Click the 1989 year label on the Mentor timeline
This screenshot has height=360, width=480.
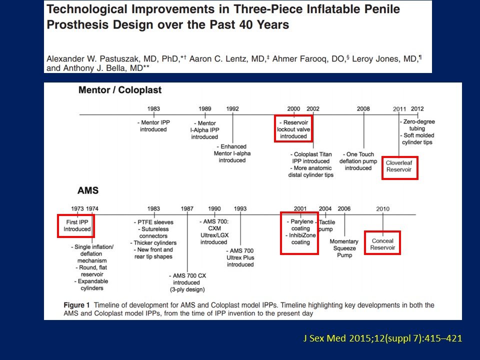205,108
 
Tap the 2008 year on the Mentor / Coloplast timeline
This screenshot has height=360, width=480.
363,108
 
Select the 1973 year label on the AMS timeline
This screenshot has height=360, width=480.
77,209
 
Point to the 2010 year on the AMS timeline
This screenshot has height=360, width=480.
382,209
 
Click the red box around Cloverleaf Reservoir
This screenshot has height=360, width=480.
400,157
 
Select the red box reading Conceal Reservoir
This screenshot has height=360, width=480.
382,231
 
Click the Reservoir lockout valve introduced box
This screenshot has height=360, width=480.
293,116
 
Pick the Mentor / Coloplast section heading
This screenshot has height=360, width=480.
120,90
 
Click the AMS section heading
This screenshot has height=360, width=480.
88,190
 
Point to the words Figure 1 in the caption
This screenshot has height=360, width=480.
76,305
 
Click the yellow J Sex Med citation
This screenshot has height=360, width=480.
382,338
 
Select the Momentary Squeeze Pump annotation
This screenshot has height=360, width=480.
344,248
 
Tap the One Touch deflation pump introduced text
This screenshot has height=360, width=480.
358,161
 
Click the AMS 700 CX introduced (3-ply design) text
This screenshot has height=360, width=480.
187,282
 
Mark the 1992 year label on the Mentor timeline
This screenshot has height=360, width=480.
232,108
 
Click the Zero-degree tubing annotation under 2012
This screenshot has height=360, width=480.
417,125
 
